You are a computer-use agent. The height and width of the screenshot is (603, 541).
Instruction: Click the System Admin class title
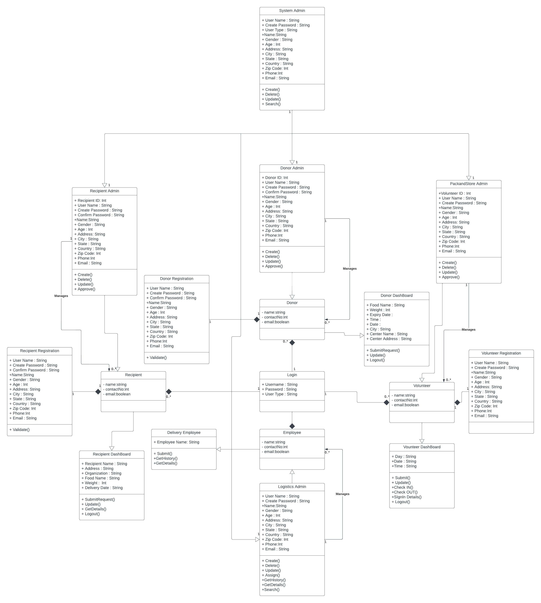[292, 11]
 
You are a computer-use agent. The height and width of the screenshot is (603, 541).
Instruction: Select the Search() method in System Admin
[271, 104]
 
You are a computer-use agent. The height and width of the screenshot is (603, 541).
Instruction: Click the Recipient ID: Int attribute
[90, 201]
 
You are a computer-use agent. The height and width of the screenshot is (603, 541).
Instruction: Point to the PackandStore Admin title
[469, 184]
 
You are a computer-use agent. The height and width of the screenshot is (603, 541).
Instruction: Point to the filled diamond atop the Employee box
[292, 426]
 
